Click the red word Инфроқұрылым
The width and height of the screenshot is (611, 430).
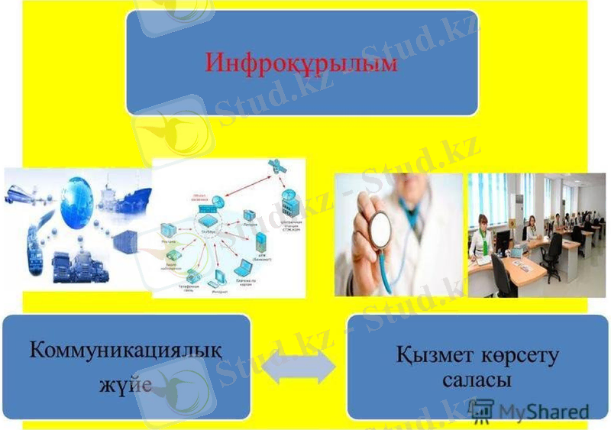tap(302, 62)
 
